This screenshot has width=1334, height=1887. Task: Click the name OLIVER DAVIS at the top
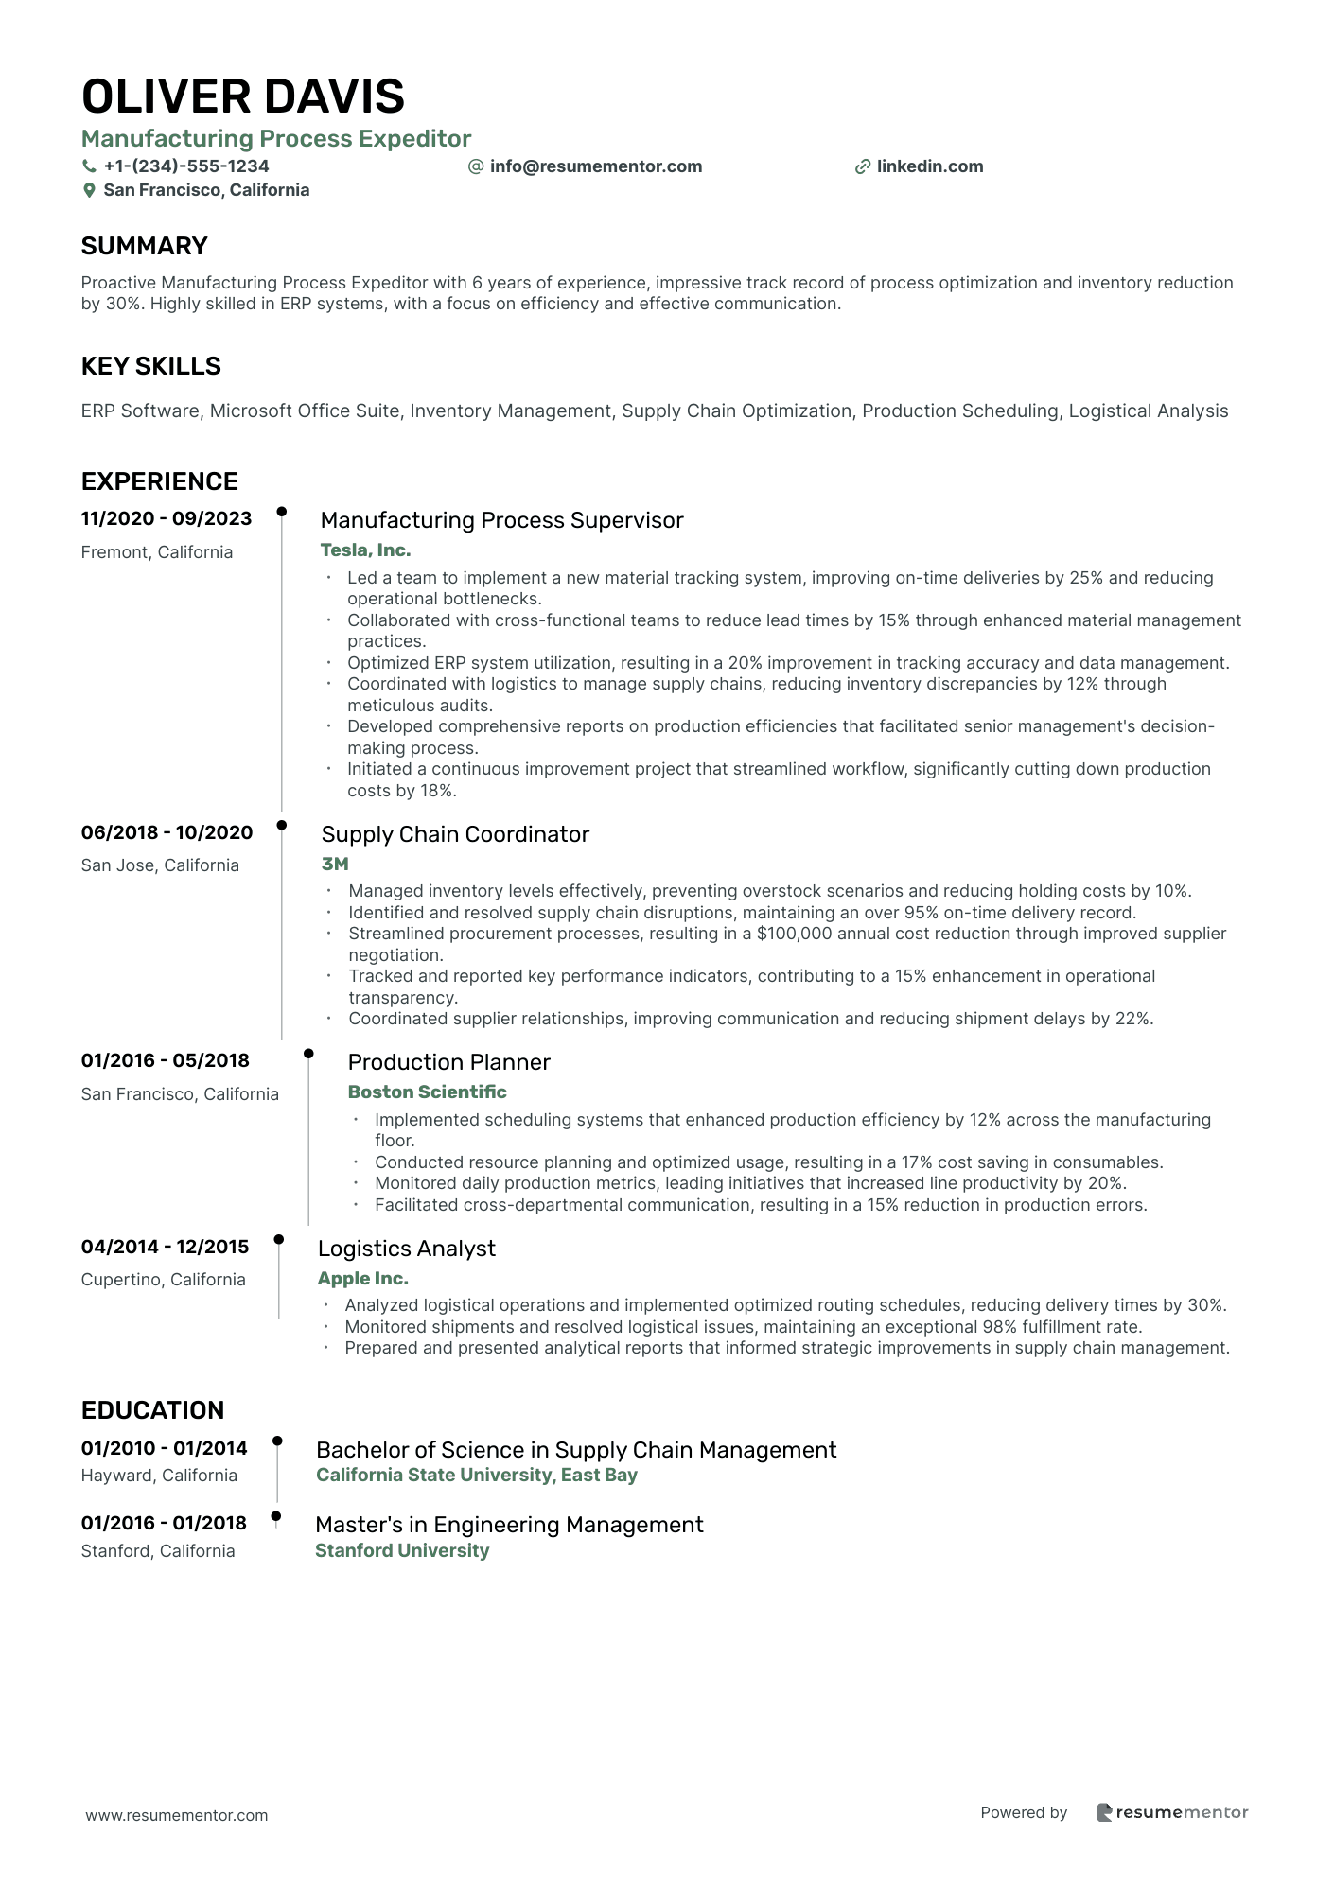point(243,96)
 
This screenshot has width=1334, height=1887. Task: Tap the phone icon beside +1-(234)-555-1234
point(90,166)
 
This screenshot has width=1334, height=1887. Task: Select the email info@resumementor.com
point(595,166)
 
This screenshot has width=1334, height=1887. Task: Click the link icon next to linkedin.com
point(863,166)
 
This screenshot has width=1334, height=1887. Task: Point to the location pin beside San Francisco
point(90,190)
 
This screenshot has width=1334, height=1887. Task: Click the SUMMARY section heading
point(144,246)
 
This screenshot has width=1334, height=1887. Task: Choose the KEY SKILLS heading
point(150,366)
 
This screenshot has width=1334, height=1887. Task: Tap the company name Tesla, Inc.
point(365,550)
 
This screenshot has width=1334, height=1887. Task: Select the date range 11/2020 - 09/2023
point(167,518)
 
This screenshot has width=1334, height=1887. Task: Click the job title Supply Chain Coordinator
point(455,834)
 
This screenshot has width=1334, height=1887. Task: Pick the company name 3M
point(335,864)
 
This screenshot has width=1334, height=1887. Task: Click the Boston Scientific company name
point(427,1092)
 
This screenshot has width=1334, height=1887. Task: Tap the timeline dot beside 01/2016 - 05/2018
point(308,1053)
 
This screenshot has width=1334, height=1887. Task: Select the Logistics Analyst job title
point(406,1249)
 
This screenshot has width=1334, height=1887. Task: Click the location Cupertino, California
point(163,1280)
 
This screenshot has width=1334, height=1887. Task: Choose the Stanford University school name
point(402,1550)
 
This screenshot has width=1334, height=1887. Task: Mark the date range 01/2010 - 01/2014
point(164,1448)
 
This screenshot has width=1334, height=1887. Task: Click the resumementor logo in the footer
point(1172,1812)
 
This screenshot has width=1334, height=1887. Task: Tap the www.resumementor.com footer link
point(177,1815)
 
